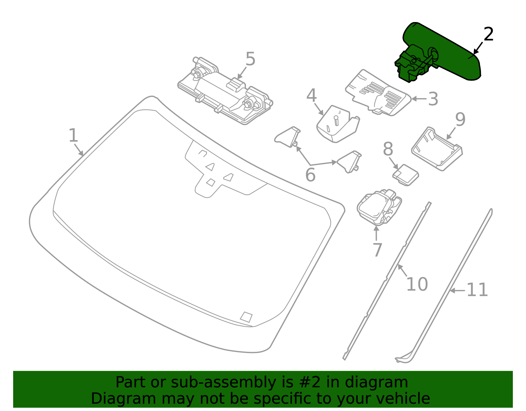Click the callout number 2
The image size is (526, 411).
(489, 35)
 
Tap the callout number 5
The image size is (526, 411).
(250, 60)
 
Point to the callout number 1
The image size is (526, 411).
(73, 136)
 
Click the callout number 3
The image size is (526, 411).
(433, 99)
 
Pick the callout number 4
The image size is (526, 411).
(311, 96)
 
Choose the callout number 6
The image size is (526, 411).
(310, 175)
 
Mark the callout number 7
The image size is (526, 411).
(377, 250)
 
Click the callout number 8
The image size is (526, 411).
(388, 149)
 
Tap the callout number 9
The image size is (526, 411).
(460, 119)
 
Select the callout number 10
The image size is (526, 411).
(417, 284)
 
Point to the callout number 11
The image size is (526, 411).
(477, 290)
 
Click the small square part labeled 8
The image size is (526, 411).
(406, 175)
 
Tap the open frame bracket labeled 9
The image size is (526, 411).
(437, 149)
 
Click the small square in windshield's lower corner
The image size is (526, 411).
(246, 317)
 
